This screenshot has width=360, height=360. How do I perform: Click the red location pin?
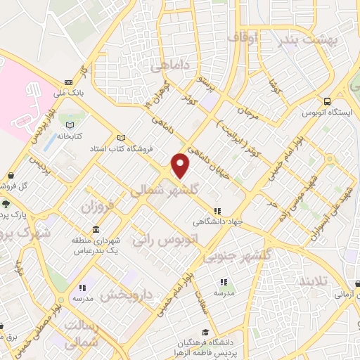pyautogui.click(x=181, y=166)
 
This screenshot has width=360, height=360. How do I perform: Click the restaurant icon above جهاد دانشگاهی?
pyautogui.click(x=217, y=210)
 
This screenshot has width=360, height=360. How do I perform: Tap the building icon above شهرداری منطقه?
pyautogui.click(x=95, y=231)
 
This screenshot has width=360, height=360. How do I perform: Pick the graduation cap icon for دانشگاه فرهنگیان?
pyautogui.click(x=205, y=332)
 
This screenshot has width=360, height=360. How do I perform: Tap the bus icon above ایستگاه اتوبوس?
pyautogui.click(x=326, y=101)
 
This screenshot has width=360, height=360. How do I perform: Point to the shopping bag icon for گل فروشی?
pyautogui.click(x=10, y=176)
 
